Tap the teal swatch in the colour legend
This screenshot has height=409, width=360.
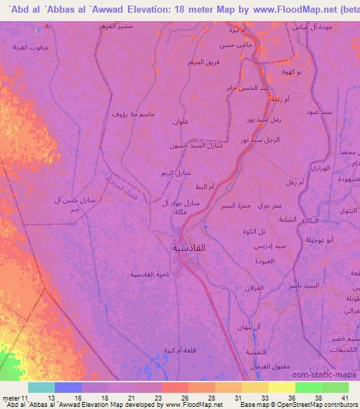(41, 387)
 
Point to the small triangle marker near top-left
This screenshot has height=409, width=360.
(46, 25)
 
